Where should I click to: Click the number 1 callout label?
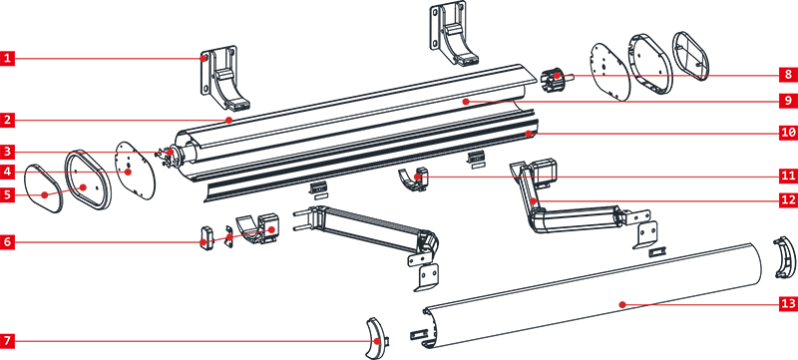pyautogui.click(x=7, y=58)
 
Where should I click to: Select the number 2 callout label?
pyautogui.click(x=7, y=120)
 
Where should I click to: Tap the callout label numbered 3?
pyautogui.click(x=7, y=152)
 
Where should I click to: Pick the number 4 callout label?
pyautogui.click(x=7, y=172)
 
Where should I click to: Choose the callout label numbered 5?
pyautogui.click(x=7, y=194)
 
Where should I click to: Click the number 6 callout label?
pyautogui.click(x=7, y=241)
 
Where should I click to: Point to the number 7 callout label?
pyautogui.click(x=7, y=341)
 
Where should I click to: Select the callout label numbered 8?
pyautogui.click(x=788, y=75)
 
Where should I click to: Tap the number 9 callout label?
pyautogui.click(x=788, y=101)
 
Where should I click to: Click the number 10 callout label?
pyautogui.click(x=788, y=132)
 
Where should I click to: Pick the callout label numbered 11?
pyautogui.click(x=788, y=176)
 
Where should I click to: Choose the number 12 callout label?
pyautogui.click(x=788, y=199)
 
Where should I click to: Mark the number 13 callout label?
pyautogui.click(x=788, y=303)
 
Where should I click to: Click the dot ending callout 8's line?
pyautogui.click(x=558, y=76)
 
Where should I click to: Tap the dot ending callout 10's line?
pyautogui.click(x=530, y=133)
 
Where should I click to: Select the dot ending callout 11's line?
pyautogui.click(x=417, y=177)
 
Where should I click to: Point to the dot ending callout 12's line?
pyautogui.click(x=534, y=200)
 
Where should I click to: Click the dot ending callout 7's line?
pyautogui.click(x=376, y=341)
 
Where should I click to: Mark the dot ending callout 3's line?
pyautogui.click(x=172, y=152)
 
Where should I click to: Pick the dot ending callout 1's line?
pyautogui.click(x=203, y=59)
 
